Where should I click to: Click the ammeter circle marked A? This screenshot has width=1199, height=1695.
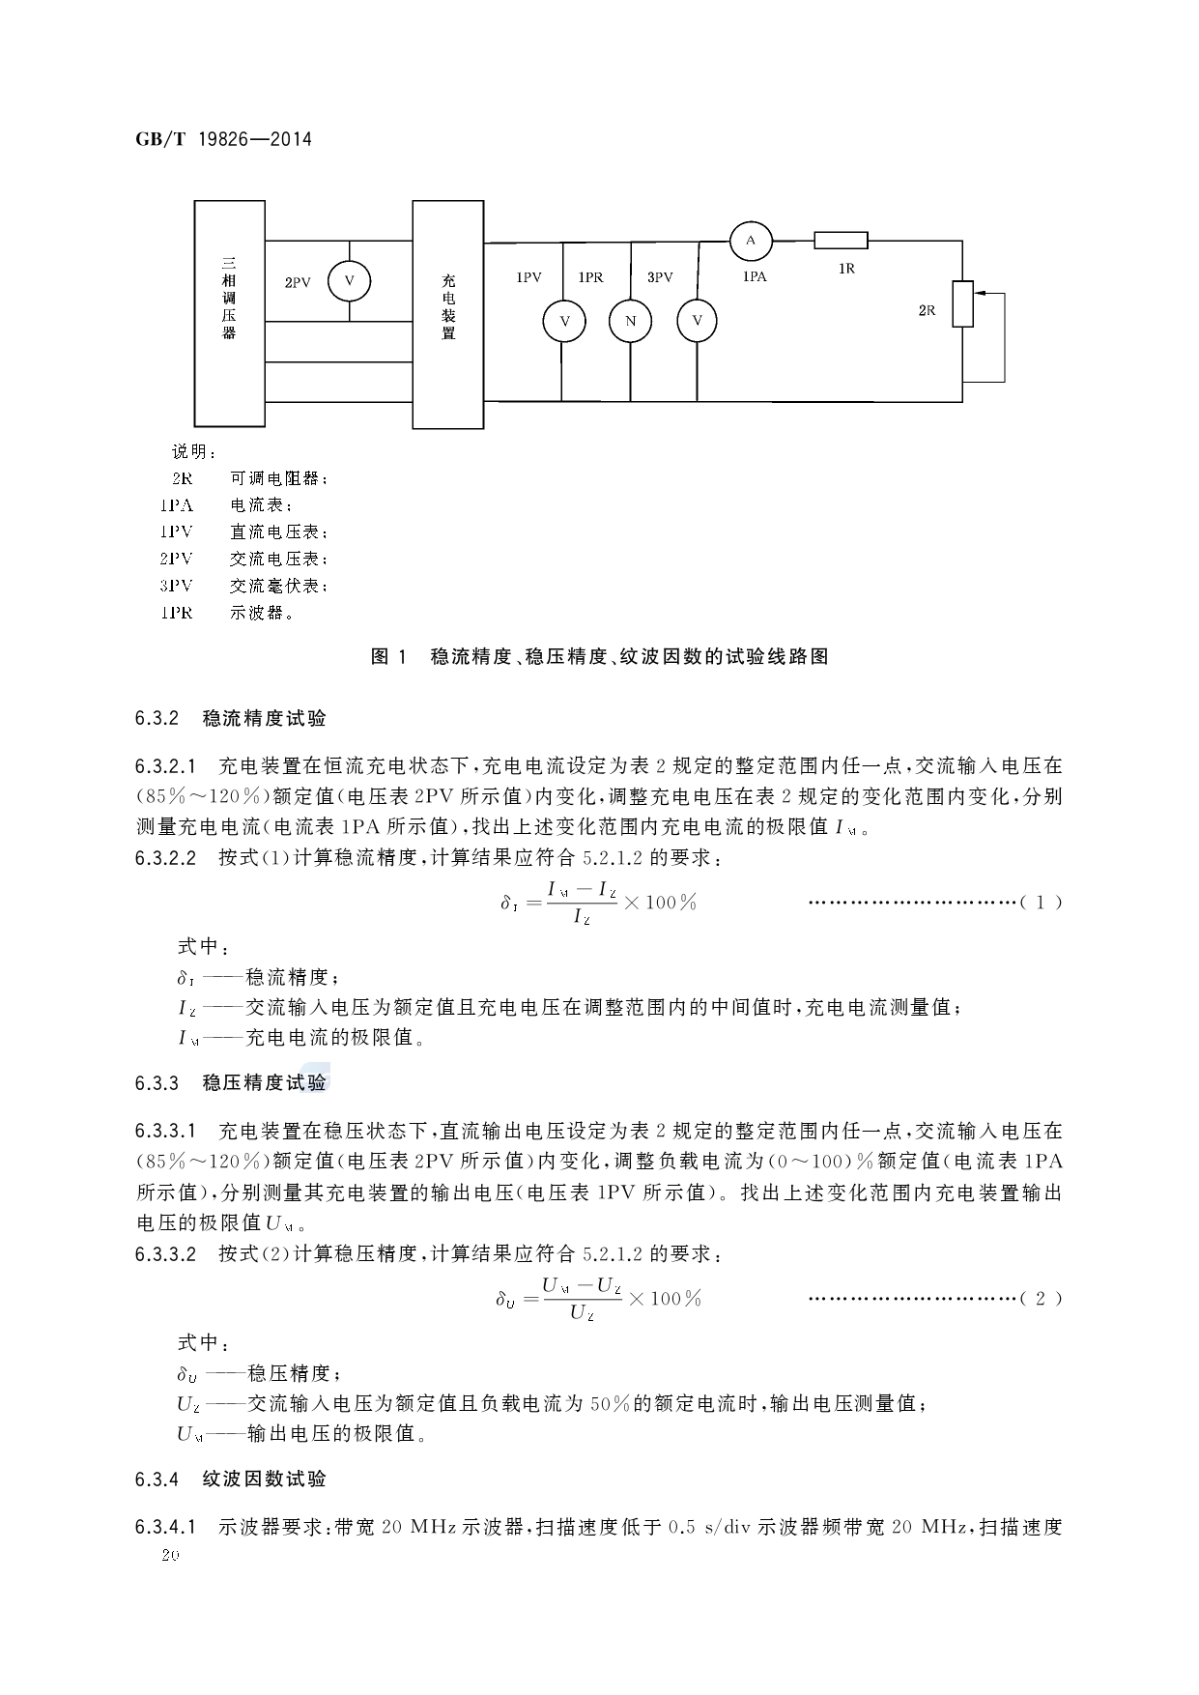click(x=750, y=240)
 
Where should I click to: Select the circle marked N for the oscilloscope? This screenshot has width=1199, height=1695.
click(x=630, y=321)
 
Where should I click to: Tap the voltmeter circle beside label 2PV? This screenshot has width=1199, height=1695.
click(x=350, y=280)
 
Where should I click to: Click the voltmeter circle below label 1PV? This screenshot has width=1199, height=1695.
click(x=563, y=321)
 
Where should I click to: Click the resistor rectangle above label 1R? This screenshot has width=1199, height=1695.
click(x=841, y=241)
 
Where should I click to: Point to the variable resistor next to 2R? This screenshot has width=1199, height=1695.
click(x=962, y=303)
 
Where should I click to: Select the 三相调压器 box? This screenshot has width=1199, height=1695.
click(x=229, y=313)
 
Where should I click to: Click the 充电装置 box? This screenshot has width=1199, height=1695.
click(x=448, y=313)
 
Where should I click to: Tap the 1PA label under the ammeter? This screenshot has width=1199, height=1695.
click(x=755, y=277)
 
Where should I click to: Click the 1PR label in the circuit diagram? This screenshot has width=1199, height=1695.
click(x=590, y=277)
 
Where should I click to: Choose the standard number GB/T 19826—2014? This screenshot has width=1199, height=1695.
click(x=223, y=139)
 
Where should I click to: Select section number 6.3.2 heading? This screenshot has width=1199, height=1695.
click(x=157, y=719)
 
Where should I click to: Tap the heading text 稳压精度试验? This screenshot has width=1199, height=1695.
click(x=264, y=1083)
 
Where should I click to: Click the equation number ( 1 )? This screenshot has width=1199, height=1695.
click(x=1041, y=903)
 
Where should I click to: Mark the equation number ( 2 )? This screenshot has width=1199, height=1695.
click(x=1041, y=1299)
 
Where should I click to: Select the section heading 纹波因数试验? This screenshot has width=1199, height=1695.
click(x=264, y=1480)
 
